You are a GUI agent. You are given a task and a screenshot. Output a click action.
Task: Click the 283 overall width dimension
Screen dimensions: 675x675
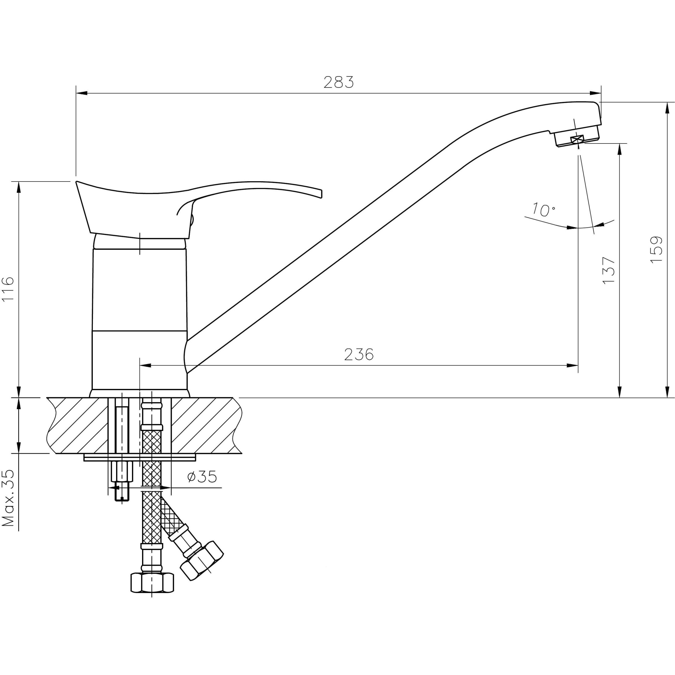coord(338,82)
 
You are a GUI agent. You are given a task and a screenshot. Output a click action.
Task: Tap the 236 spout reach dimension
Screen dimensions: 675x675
coord(358,355)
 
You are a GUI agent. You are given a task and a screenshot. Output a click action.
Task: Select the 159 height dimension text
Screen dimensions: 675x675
coord(656,250)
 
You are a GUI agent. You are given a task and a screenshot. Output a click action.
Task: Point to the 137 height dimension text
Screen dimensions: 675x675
coord(608,271)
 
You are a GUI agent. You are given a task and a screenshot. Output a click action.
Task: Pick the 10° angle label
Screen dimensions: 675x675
coord(543,210)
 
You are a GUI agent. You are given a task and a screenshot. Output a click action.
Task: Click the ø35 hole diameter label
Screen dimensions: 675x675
coord(202,477)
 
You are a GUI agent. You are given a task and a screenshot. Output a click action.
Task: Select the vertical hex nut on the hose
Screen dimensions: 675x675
coord(152,583)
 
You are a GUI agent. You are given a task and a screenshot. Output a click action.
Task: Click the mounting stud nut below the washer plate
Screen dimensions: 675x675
coord(122,472)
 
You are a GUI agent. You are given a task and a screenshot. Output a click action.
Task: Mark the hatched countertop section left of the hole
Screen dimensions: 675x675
coord(79,425)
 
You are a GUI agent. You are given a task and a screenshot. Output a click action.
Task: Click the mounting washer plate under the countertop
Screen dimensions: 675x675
coord(140,457)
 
